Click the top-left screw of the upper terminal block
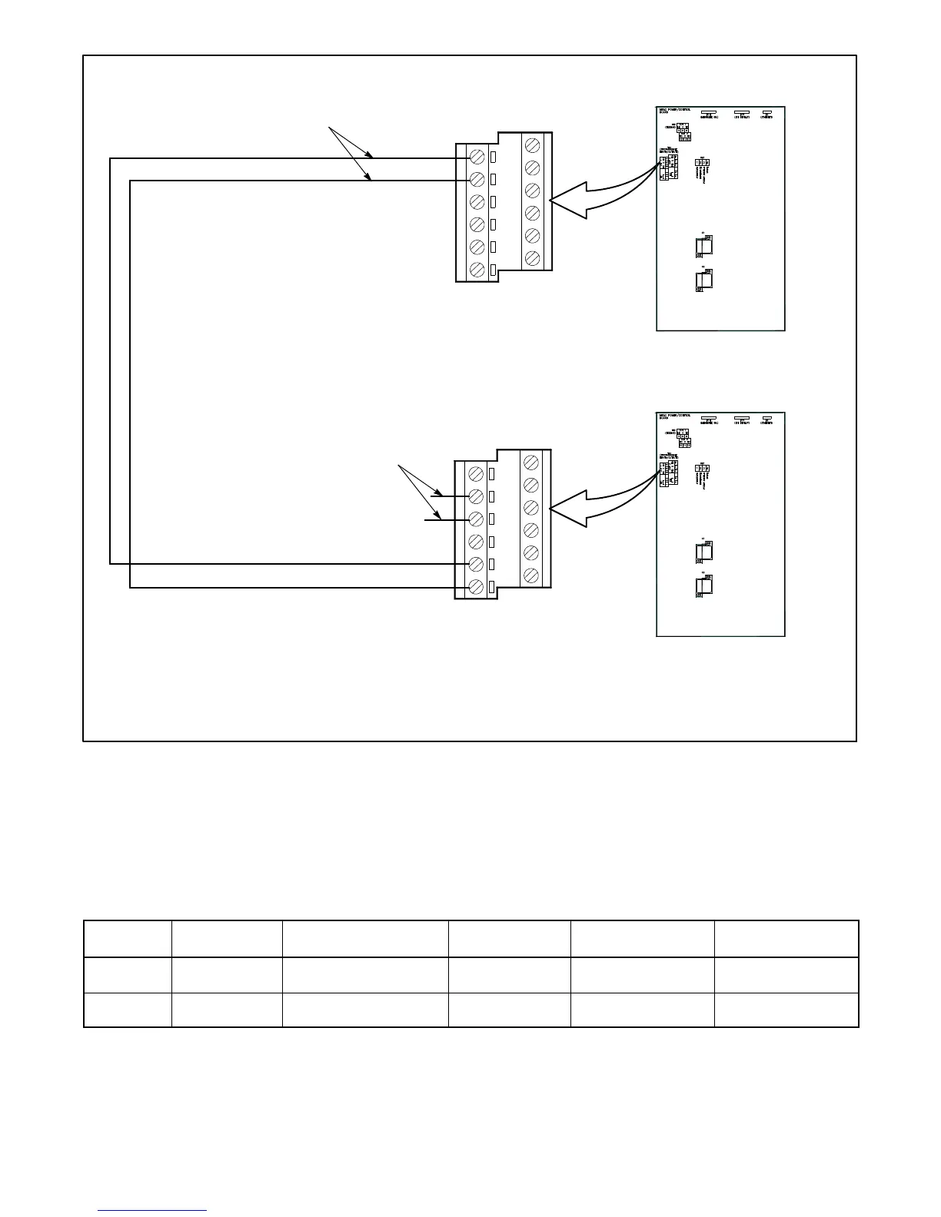[x=476, y=157]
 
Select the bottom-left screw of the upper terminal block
[x=476, y=270]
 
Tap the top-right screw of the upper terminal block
[x=531, y=144]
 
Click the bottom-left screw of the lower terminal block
[x=476, y=587]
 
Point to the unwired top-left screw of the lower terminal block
[x=476, y=473]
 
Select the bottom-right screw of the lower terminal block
[x=531, y=575]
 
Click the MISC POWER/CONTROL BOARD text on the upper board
[x=674, y=111]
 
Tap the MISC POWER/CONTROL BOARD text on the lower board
[x=674, y=417]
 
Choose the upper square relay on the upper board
[x=703, y=246]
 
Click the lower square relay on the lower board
[x=703, y=586]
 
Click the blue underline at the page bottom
[x=152, y=1211]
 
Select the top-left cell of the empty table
[x=128, y=939]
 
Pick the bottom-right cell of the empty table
[x=786, y=1010]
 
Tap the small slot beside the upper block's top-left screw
[x=494, y=157]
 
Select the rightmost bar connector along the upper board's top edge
[x=766, y=113]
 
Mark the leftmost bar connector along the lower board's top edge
[x=708, y=419]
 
